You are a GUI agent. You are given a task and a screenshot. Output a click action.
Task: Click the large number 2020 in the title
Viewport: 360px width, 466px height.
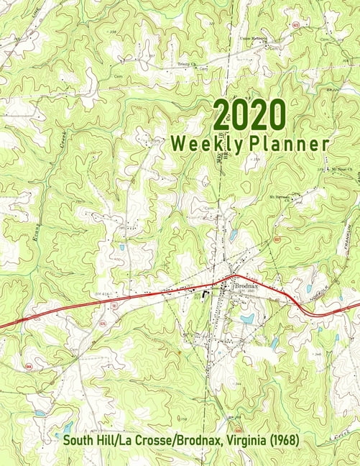(x=249, y=114)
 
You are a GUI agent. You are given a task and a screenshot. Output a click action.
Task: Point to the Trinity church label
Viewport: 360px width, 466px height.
(x=185, y=64)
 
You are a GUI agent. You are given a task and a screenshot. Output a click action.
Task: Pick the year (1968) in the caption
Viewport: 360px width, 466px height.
(x=280, y=439)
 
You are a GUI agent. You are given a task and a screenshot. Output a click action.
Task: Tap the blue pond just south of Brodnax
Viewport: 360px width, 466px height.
(x=247, y=318)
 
